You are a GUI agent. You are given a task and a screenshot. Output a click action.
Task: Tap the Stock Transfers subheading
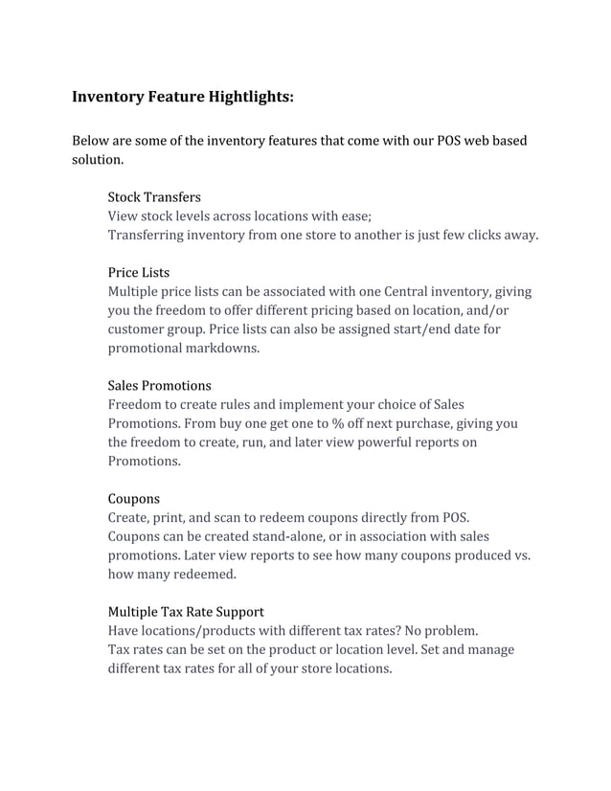(154, 197)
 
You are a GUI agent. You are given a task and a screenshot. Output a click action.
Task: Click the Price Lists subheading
(138, 273)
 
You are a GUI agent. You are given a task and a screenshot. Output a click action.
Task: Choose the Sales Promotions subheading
(159, 386)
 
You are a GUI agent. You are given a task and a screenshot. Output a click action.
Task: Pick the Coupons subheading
(133, 499)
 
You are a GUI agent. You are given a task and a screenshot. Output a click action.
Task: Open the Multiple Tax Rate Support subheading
(186, 612)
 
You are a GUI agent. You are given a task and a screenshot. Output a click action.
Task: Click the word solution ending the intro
(97, 160)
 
